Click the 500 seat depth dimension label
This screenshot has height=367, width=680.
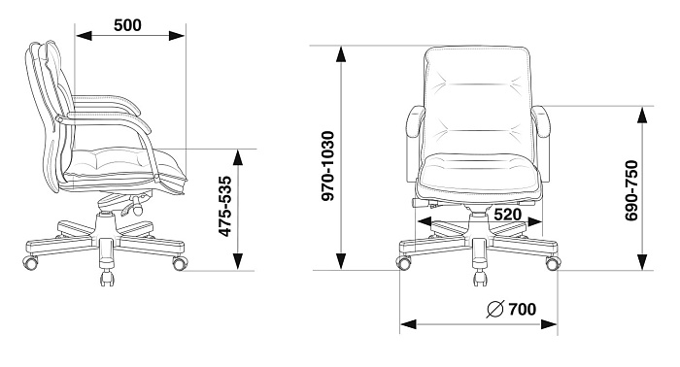coord(127,25)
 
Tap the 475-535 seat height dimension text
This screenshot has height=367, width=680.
coord(224,206)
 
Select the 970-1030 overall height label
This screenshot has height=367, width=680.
coord(328,166)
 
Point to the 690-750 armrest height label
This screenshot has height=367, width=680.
coord(631,190)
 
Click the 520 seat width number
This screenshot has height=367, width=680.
coord(507,215)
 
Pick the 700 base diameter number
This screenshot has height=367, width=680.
coord(523,309)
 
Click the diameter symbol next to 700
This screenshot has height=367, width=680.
coord(494,309)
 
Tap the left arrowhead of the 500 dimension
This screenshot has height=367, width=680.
coord(85,36)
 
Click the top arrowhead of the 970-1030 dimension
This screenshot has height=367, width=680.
coord(341,54)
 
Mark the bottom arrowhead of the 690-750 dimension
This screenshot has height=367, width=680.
coord(643,262)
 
